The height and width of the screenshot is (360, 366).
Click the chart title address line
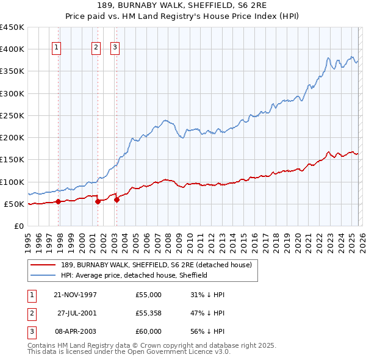point(182,5)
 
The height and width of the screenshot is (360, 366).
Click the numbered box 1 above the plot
point(56,49)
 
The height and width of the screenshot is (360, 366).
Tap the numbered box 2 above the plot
point(96,49)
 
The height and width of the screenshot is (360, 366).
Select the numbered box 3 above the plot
point(115,49)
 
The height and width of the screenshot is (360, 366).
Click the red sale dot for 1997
point(59,201)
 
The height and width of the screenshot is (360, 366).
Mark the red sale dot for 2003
point(116,200)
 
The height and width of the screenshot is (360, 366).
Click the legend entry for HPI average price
point(134,275)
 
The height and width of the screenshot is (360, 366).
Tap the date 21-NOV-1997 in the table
point(75,295)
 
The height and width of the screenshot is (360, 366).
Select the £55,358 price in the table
point(149,313)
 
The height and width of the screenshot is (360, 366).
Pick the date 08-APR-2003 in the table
point(75,331)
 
